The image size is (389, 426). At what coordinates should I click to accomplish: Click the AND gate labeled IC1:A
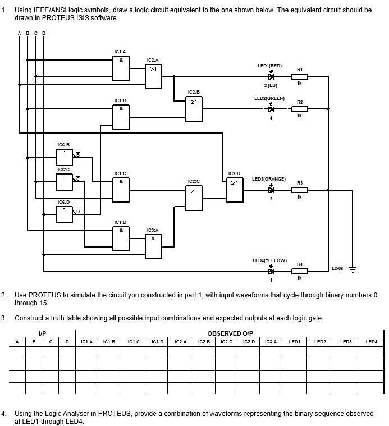pyautogui.click(x=121, y=68)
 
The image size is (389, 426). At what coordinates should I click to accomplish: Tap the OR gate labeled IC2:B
pyautogui.click(x=194, y=108)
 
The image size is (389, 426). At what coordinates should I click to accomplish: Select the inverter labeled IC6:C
pyautogui.click(x=64, y=182)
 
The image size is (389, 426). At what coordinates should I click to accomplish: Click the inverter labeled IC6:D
pyautogui.click(x=64, y=214)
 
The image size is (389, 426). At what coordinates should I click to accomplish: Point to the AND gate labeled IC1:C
pyautogui.click(x=121, y=190)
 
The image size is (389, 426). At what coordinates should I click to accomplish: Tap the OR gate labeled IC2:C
pyautogui.click(x=194, y=198)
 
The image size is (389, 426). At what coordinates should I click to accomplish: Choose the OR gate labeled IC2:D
pyautogui.click(x=235, y=190)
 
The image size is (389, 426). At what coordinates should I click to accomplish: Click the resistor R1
pyautogui.click(x=300, y=76)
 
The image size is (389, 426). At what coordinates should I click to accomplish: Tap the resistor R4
pyautogui.click(x=300, y=271)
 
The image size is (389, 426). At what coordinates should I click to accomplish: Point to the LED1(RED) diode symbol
pyautogui.click(x=271, y=76)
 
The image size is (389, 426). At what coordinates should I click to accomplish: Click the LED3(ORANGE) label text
pyautogui.click(x=268, y=179)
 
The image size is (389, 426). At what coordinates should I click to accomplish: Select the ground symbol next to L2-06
pyautogui.click(x=353, y=270)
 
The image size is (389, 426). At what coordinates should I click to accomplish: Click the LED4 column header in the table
pyautogui.click(x=372, y=341)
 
